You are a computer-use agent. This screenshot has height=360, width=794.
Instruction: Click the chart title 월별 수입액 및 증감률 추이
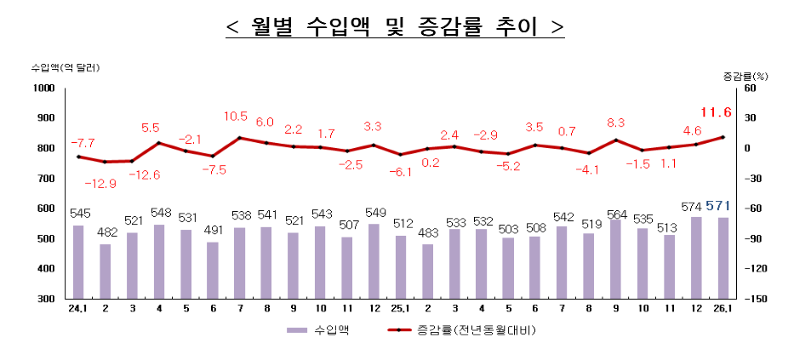click(x=396, y=27)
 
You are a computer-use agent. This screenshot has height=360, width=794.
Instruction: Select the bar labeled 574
click(x=697, y=258)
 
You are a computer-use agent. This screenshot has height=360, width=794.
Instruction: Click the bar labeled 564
click(x=615, y=259)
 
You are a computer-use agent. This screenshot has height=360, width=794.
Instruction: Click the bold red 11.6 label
click(x=716, y=112)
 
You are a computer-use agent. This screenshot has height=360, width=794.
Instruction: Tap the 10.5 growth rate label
click(x=236, y=117)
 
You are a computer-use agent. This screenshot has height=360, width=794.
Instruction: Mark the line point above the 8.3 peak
click(x=615, y=140)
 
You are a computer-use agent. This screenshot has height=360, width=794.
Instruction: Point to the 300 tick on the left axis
click(x=46, y=299)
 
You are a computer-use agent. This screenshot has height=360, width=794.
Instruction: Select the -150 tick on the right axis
click(x=757, y=299)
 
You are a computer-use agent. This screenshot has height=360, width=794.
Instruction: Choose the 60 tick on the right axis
click(x=750, y=89)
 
